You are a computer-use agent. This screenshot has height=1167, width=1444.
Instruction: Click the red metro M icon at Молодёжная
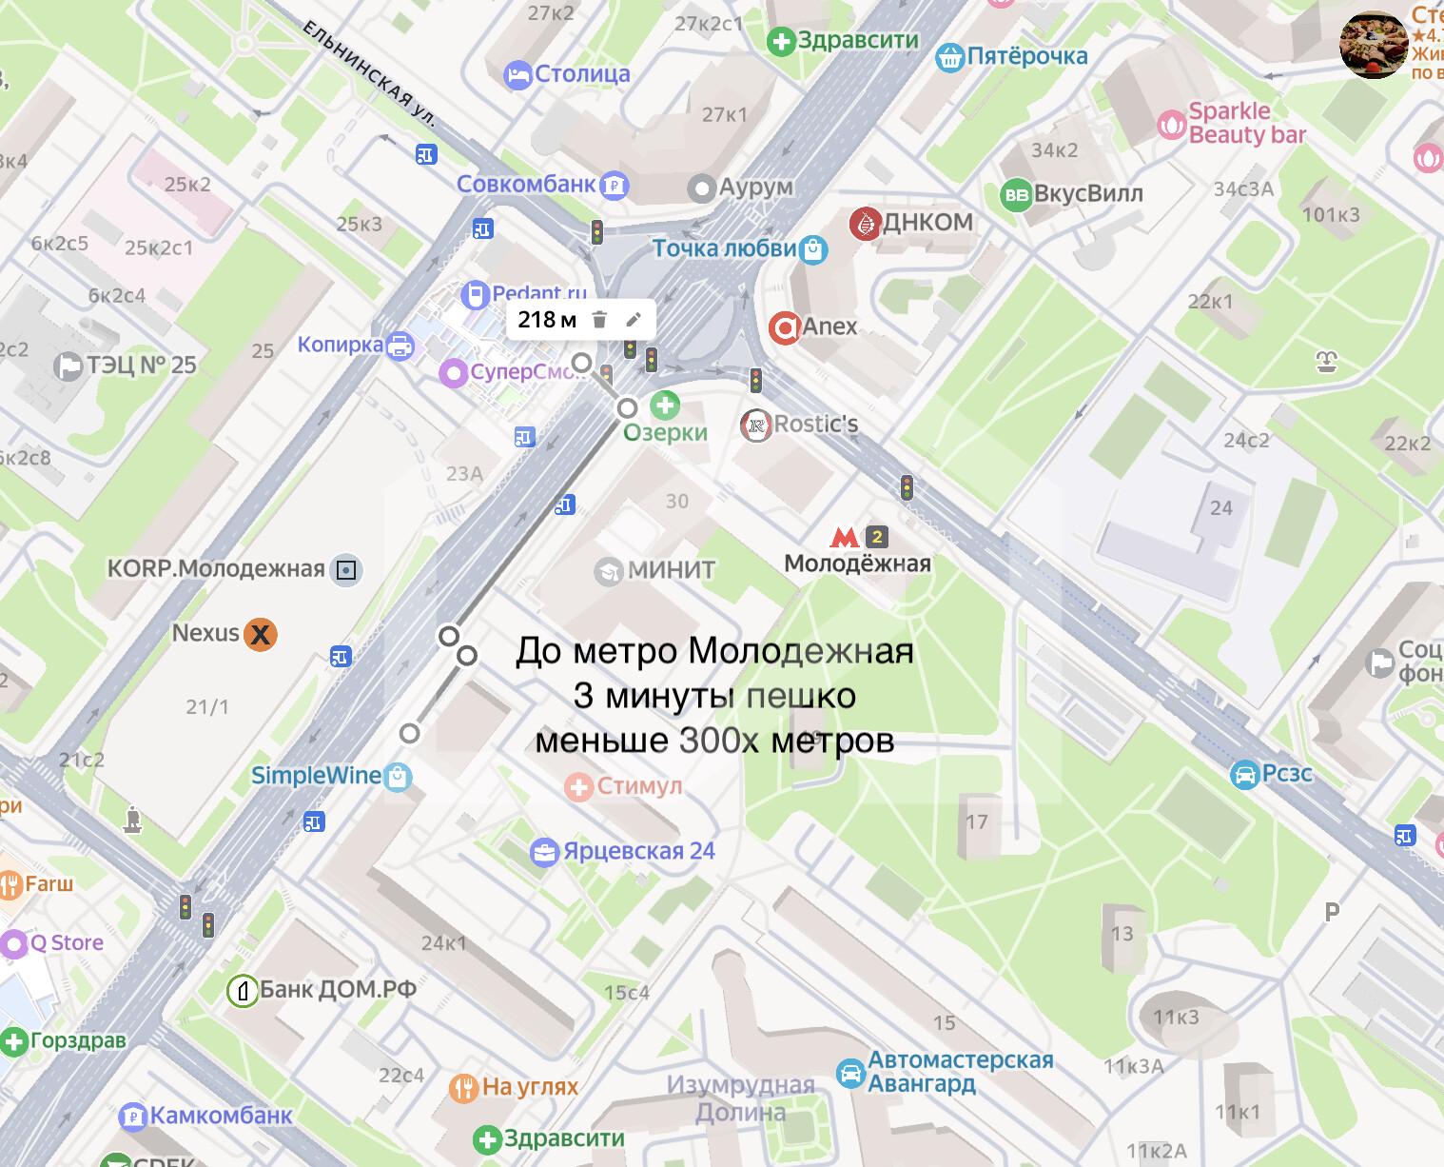844,537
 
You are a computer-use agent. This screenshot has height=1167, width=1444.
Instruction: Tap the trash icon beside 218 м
599,320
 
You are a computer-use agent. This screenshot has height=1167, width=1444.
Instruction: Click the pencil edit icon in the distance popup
633,320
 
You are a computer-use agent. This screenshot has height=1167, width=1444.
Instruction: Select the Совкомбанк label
525,184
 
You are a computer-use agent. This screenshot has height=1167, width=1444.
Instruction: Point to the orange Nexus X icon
260,634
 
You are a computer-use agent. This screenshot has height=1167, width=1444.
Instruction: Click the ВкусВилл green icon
1016,195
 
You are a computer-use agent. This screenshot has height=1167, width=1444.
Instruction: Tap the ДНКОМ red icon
864,223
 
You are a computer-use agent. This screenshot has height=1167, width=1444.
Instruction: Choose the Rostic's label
815,424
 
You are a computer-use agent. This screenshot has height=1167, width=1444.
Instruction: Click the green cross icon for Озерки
664,405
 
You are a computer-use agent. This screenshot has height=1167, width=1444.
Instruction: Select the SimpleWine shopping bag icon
400,777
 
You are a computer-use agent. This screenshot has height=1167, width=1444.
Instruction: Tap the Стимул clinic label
639,787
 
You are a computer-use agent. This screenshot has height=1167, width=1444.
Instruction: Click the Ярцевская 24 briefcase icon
544,852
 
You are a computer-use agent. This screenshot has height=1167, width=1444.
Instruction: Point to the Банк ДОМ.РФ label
338,990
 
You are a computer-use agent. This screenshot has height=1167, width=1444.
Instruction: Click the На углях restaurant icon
463,1088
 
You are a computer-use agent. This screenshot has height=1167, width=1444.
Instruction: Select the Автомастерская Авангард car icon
850,1073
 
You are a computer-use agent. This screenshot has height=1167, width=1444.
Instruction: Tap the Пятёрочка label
1027,57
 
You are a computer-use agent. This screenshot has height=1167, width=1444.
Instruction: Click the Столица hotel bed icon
517,74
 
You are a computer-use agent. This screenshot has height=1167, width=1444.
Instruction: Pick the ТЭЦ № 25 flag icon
69,366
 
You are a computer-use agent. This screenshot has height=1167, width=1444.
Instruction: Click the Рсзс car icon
1244,775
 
